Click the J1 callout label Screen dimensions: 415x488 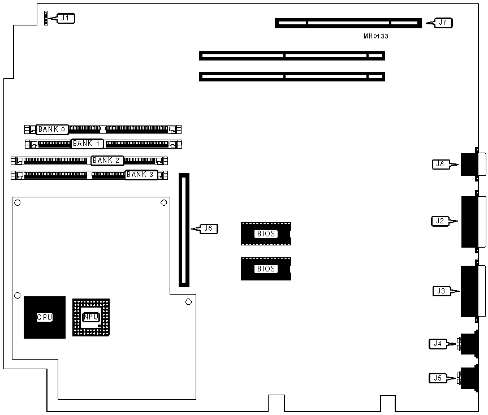(66, 18)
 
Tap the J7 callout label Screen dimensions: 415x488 (443, 23)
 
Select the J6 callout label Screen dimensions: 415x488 (208, 229)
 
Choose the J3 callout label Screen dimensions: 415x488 (441, 291)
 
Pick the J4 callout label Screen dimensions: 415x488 (437, 343)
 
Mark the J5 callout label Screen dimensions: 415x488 (437, 378)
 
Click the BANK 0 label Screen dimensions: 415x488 (53, 129)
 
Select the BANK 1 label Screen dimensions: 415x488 (87, 144)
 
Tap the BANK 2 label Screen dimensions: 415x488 (107, 161)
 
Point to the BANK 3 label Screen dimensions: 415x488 (141, 175)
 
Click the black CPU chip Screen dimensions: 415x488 (44, 318)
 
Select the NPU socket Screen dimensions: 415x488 (91, 317)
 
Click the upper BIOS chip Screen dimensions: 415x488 (266, 234)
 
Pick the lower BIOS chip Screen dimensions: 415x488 (266, 269)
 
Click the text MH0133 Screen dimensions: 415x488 (376, 37)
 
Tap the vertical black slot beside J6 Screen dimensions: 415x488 (184, 230)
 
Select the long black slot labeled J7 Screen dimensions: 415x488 (348, 23)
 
